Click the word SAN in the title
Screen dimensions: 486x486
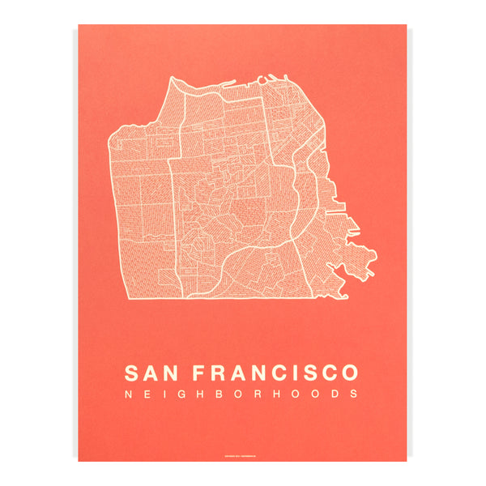pos(148,373)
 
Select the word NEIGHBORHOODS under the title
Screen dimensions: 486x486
pos(241,394)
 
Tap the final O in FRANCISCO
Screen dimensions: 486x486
pos(348,373)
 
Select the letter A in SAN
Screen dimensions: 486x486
pos(149,373)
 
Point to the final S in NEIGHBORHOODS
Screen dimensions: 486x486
pos(353,394)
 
